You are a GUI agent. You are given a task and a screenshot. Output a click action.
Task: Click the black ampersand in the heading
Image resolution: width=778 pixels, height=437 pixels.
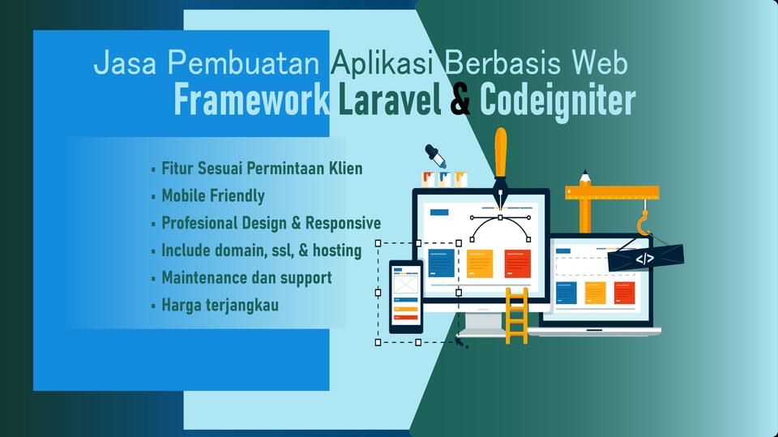click(460, 101)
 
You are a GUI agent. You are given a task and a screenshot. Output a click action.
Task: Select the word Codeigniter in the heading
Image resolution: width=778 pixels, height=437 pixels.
click(558, 101)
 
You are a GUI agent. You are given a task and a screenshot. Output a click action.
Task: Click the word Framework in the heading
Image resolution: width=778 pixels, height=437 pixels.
click(251, 101)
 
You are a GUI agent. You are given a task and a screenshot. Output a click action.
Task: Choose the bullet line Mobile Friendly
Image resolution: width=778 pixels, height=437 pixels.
click(212, 195)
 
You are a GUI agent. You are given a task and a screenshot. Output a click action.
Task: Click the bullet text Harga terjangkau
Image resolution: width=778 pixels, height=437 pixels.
click(220, 306)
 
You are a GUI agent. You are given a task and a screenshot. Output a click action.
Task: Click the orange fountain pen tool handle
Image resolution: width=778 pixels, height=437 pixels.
click(501, 154)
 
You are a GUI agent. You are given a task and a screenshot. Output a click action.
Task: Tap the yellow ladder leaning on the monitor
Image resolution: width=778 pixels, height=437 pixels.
click(516, 315)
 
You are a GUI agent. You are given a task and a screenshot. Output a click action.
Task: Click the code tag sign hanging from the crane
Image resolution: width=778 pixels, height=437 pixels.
click(645, 259)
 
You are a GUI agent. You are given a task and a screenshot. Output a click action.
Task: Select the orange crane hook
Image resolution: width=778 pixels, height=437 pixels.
click(643, 223)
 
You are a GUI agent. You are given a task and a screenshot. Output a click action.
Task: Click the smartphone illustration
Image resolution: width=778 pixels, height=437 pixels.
click(405, 296)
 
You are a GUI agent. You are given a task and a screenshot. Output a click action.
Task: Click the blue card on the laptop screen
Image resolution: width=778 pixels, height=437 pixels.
click(566, 292)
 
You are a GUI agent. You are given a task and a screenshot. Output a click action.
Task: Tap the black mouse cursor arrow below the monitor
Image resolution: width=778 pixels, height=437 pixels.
click(461, 343)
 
